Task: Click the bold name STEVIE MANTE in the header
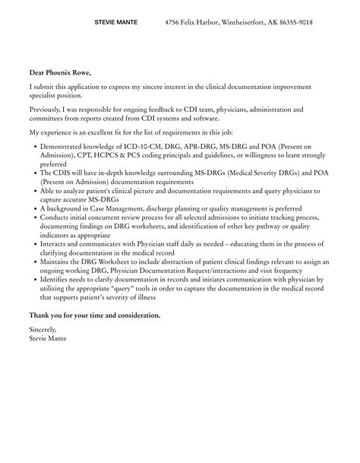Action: (115, 23)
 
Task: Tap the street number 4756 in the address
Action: (174, 23)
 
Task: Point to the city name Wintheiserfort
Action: (242, 23)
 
